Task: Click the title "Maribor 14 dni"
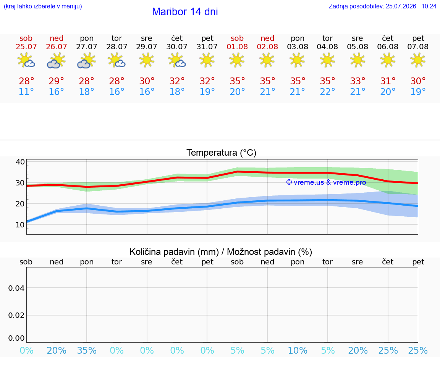[x=185, y=12]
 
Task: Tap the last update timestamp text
[x=382, y=6]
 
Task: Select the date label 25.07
[x=26, y=47]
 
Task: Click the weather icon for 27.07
[x=86, y=61]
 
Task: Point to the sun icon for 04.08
[x=327, y=60]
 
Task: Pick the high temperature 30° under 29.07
[x=147, y=81]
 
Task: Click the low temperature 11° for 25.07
[x=26, y=92]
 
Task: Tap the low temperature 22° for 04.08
[x=327, y=92]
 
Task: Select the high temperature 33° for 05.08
[x=357, y=81]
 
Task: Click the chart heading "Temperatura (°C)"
[x=222, y=153]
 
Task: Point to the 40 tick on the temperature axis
[x=20, y=162]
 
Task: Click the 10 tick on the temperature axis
[x=20, y=225]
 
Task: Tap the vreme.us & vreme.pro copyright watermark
[x=326, y=182]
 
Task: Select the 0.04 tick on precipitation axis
[x=16, y=288]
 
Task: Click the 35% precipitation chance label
[x=87, y=351]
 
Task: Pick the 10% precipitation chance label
[x=298, y=351]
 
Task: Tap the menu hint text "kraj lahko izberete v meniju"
[x=43, y=6]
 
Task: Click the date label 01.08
[x=237, y=47]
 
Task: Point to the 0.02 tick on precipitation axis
[x=16, y=315]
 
